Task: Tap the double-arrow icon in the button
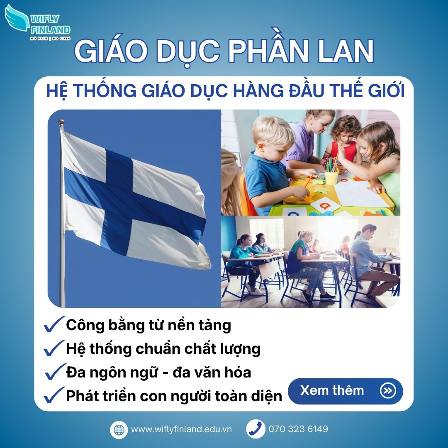click(388, 391)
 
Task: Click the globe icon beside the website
click(119, 429)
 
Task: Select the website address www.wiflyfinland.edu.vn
click(181, 429)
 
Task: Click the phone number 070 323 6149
click(298, 429)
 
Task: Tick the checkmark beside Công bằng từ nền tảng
click(54, 324)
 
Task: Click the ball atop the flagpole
click(61, 123)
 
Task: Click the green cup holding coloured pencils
click(331, 177)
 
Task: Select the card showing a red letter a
click(326, 204)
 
